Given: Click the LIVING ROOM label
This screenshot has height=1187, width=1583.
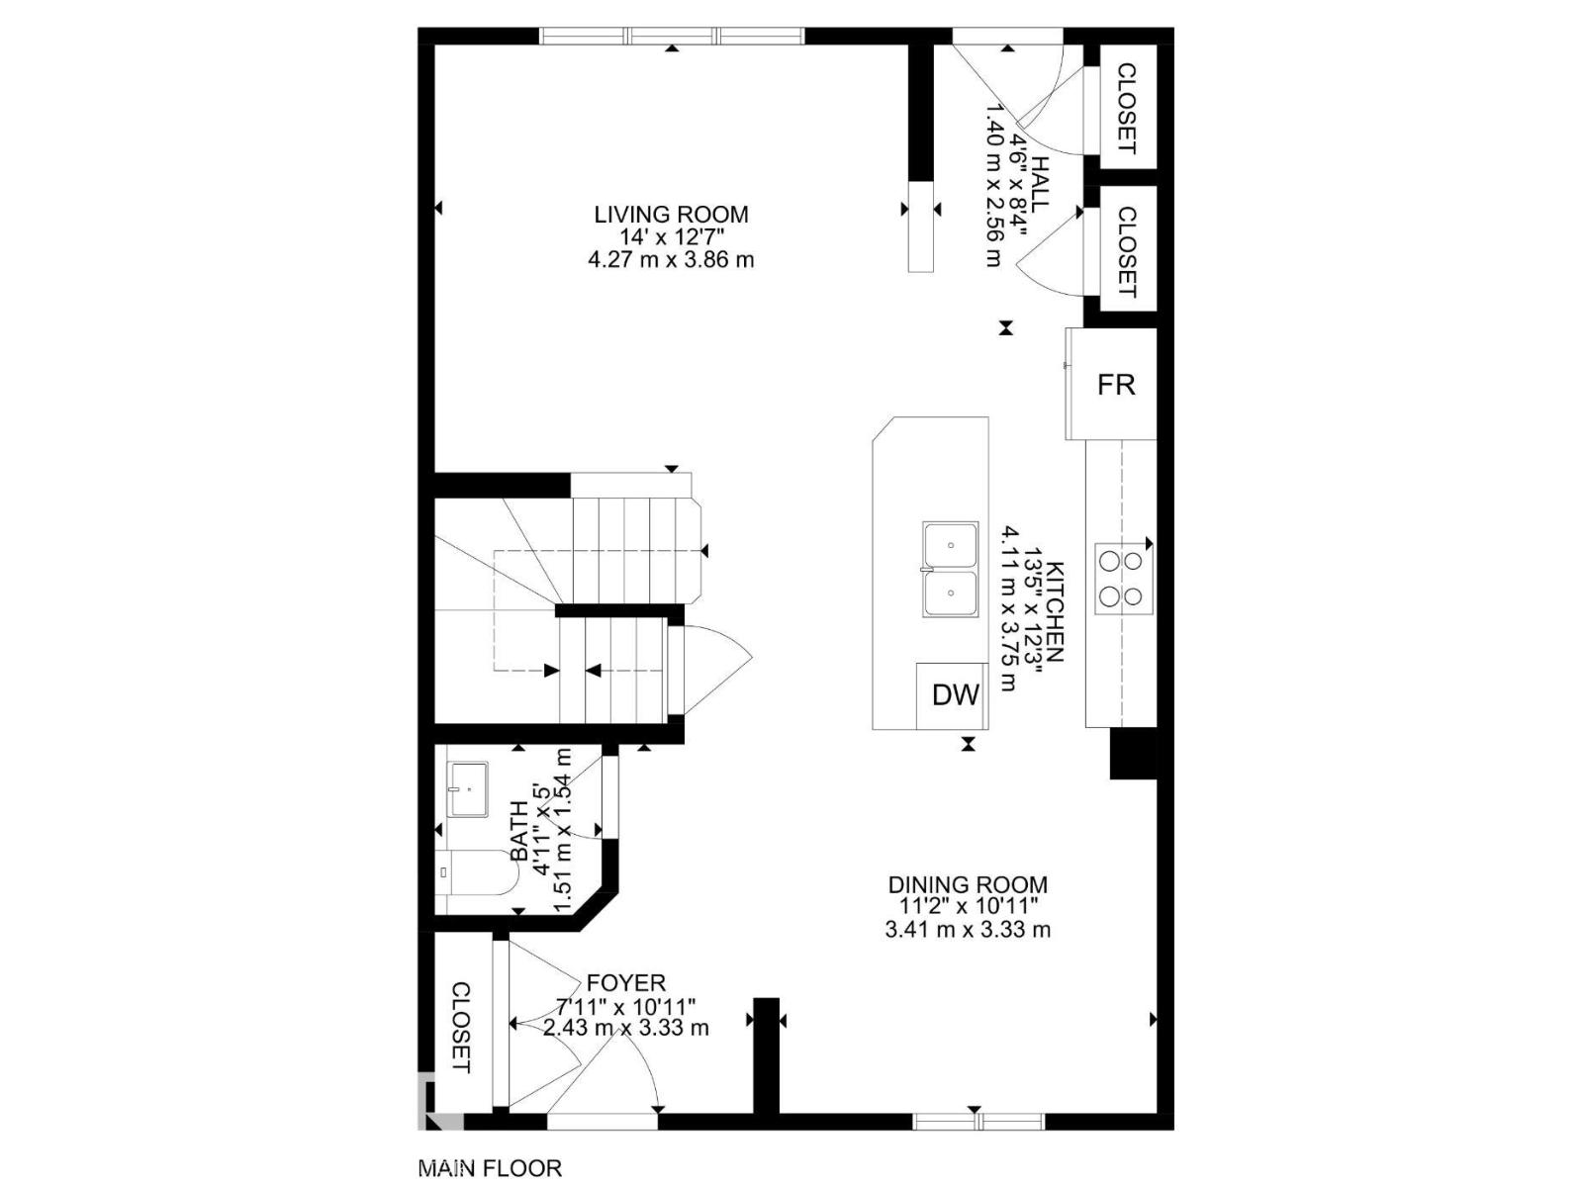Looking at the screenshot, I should pyautogui.click(x=671, y=214).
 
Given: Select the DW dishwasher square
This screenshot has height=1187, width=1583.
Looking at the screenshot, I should pyautogui.click(x=954, y=695).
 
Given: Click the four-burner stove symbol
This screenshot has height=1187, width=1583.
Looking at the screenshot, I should pyautogui.click(x=1121, y=579).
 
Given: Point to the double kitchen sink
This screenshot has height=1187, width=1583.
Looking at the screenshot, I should pyautogui.click(x=950, y=570).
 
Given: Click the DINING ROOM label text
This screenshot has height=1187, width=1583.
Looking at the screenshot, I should pyautogui.click(x=967, y=884).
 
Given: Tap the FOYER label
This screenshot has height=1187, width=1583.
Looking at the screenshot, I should pyautogui.click(x=625, y=982).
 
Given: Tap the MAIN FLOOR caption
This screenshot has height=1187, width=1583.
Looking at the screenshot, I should pyautogui.click(x=490, y=1168).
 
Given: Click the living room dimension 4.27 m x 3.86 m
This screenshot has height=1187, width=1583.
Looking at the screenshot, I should pyautogui.click(x=671, y=260).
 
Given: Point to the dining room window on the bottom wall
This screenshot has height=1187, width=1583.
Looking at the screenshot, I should pyautogui.click(x=978, y=1121).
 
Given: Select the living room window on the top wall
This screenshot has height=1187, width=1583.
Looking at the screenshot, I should pyautogui.click(x=672, y=37).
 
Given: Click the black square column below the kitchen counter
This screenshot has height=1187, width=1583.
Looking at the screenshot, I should pyautogui.click(x=1133, y=754).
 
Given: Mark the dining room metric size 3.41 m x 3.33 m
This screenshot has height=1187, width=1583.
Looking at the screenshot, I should pyautogui.click(x=967, y=930).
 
